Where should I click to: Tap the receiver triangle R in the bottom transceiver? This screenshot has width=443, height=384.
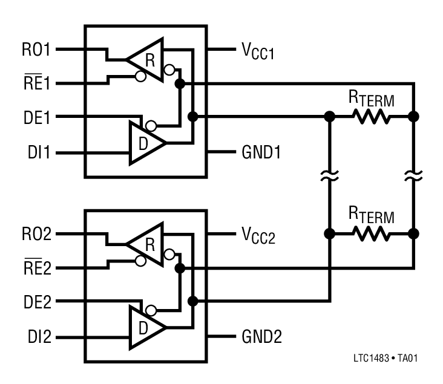point(148,244)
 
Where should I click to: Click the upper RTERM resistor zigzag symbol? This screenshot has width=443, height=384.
point(372,117)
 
